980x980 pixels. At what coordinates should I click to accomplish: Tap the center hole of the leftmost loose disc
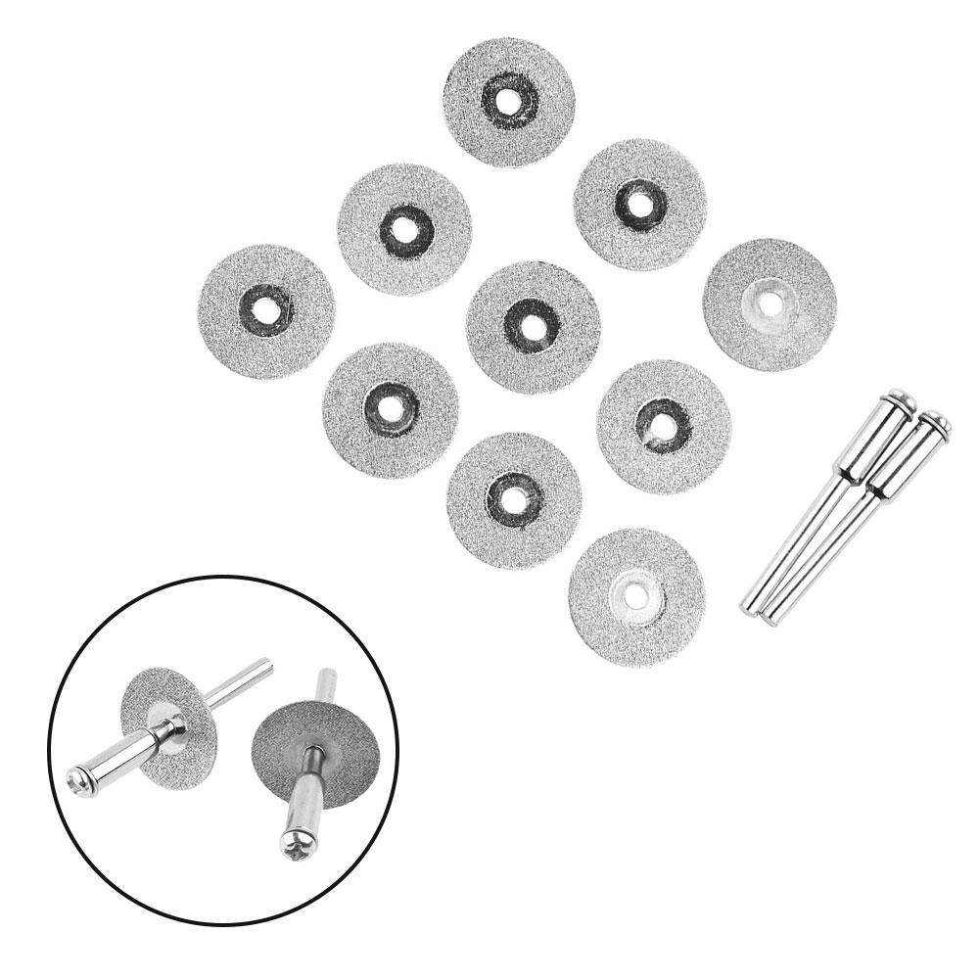coord(265,310)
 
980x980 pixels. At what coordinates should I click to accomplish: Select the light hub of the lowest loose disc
coord(636,597)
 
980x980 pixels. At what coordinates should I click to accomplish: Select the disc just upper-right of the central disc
coord(640,204)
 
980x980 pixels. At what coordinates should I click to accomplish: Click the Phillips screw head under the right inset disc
coord(296,847)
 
